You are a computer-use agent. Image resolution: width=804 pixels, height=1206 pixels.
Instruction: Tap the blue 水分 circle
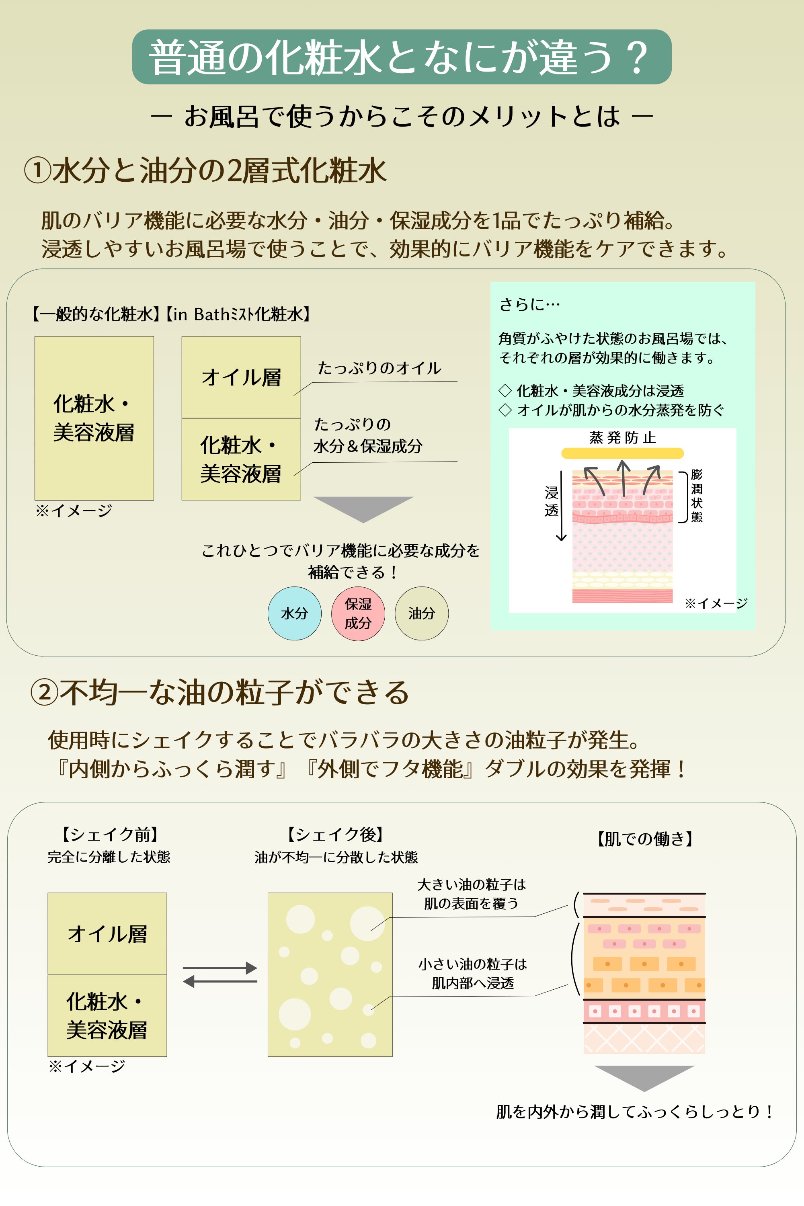pyautogui.click(x=294, y=613)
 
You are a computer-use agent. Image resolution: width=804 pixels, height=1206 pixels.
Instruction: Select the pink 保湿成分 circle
pyautogui.click(x=358, y=613)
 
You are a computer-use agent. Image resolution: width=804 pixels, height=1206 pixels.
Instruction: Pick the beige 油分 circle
pyautogui.click(x=421, y=613)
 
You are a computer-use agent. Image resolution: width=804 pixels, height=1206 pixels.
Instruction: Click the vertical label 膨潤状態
pyautogui.click(x=696, y=495)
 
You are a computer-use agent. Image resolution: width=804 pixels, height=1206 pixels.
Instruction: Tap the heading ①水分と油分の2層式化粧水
pyautogui.click(x=205, y=171)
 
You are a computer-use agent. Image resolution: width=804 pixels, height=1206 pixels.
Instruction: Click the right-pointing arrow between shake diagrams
pyautogui.click(x=220, y=968)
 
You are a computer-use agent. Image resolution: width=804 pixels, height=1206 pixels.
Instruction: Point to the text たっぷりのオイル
pyautogui.click(x=379, y=368)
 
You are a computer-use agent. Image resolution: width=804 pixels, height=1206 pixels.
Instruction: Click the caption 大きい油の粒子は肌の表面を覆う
pyautogui.click(x=471, y=894)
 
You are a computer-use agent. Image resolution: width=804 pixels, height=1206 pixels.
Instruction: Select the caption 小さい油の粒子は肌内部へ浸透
pyautogui.click(x=472, y=973)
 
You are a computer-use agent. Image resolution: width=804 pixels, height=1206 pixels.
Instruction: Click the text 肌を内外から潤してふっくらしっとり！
pyautogui.click(x=635, y=1112)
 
